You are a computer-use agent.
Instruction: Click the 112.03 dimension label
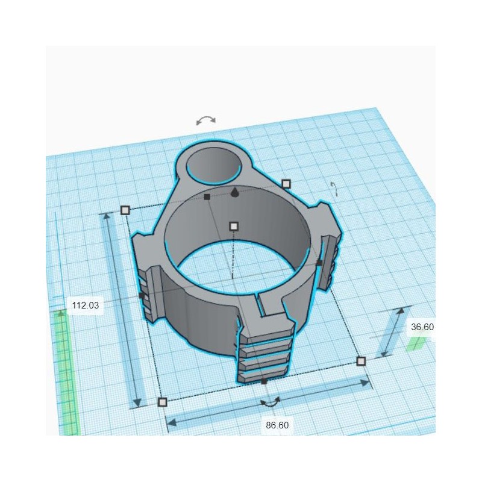[x=85, y=305]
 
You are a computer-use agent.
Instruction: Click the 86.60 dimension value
[x=277, y=425]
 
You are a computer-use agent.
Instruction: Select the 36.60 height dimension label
[x=422, y=327]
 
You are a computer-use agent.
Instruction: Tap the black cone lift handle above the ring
[x=234, y=192]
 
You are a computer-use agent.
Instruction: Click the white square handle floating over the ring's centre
[x=234, y=227]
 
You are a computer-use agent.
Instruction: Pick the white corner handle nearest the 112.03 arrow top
[x=125, y=210]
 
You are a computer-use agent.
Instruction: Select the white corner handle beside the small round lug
[x=286, y=183]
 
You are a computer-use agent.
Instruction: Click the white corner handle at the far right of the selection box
[x=361, y=361]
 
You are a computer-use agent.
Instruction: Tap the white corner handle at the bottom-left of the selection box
[x=161, y=402]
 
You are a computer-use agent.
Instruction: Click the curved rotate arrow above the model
[x=206, y=120]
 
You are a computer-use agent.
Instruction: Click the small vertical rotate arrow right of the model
[x=334, y=189]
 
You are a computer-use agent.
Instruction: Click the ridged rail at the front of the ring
[x=265, y=352]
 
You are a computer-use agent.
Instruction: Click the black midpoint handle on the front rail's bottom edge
[x=264, y=381]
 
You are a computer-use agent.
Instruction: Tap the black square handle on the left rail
[x=141, y=296]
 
